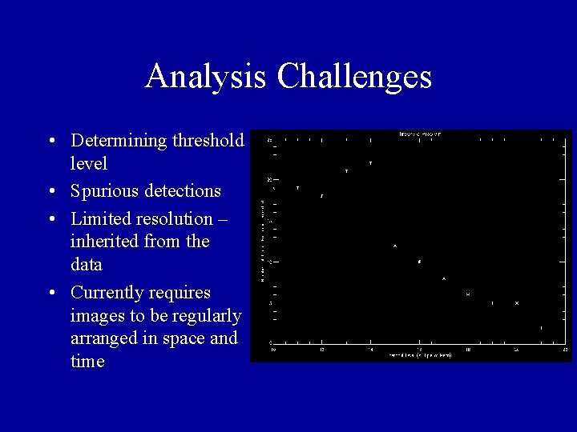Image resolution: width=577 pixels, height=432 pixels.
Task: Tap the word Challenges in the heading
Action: point(354,77)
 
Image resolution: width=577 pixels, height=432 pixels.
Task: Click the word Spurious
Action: point(103,191)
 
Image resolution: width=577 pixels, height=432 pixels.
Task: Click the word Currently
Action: point(106,291)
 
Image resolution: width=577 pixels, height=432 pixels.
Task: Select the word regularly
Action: point(207,315)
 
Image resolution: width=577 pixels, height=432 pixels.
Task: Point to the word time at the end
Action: point(87,362)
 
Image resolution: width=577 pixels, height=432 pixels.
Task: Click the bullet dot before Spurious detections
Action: point(51,192)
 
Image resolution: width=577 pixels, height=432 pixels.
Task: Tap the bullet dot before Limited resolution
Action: point(51,219)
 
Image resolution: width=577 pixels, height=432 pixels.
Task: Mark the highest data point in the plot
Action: point(370,163)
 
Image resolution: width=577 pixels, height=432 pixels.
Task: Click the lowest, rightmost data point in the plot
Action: point(541,328)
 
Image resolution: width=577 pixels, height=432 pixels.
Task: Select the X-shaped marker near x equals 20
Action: point(517,303)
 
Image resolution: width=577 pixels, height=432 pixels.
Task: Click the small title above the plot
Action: point(420,134)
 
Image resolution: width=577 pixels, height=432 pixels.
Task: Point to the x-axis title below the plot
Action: point(420,354)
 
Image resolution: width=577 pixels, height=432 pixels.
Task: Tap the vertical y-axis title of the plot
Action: point(262,240)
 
